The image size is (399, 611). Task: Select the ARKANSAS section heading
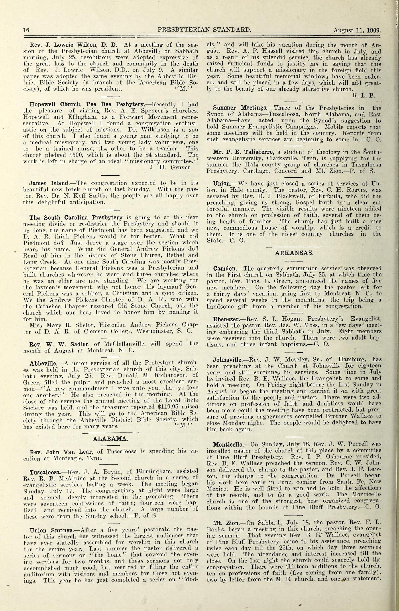[294, 253]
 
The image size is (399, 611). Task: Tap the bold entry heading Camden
[225, 269]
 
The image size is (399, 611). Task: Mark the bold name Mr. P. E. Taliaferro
[240, 152]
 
